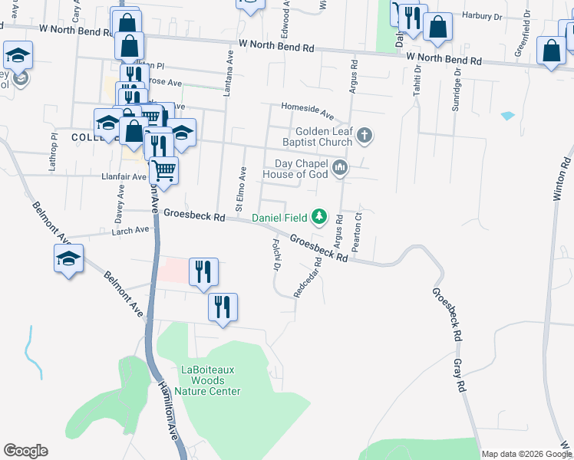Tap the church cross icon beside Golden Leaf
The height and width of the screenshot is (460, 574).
[x=365, y=137]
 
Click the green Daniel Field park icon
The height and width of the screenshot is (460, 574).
[x=322, y=219]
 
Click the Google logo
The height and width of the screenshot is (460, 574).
[x=25, y=451]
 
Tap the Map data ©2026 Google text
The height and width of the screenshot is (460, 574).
[x=525, y=454]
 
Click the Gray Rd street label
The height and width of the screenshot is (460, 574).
[x=462, y=376]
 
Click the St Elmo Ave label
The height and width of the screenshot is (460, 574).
[x=241, y=189]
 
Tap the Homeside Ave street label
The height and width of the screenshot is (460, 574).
[x=307, y=110]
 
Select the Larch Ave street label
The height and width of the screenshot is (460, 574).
[x=130, y=230]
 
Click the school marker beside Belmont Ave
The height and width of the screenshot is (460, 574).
[x=69, y=258]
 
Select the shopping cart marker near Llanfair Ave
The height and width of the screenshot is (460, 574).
[x=163, y=169]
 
